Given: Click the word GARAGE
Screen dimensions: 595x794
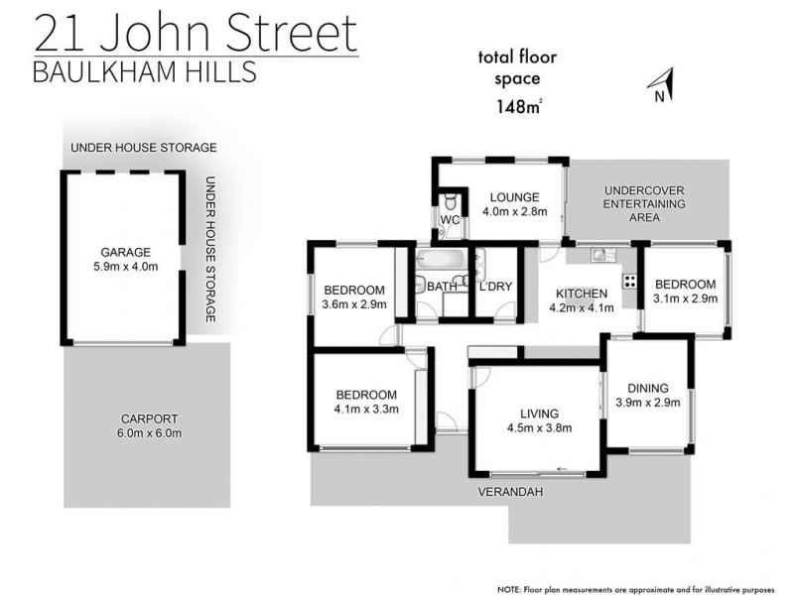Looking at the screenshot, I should (125, 252).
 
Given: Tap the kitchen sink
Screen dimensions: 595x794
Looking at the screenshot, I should (600, 256).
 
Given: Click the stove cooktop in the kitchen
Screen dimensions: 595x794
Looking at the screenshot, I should (629, 280).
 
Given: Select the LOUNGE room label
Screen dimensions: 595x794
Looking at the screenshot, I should (514, 196).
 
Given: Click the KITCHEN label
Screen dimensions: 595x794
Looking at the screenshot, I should (582, 294).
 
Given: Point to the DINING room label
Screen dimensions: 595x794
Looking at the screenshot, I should (648, 388).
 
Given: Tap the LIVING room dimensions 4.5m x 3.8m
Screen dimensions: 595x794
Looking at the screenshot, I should (539, 428).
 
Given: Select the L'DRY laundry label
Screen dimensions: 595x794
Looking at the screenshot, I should (495, 288).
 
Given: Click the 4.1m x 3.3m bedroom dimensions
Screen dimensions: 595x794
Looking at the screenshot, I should (365, 408).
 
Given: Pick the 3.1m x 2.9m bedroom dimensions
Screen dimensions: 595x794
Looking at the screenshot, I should (684, 297).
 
